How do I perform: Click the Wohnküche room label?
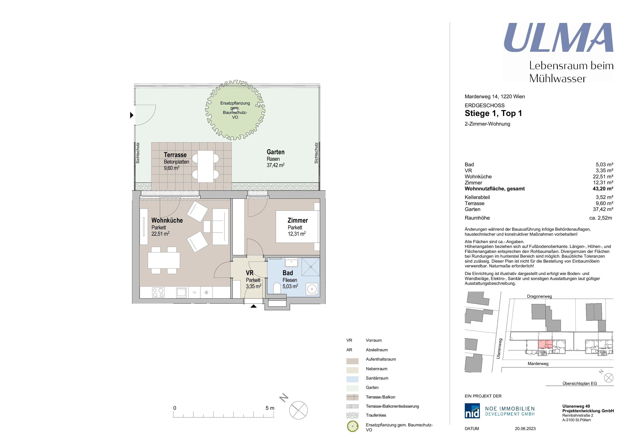tap(167, 221)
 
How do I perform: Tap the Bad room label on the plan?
tap(288, 273)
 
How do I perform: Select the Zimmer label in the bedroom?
tap(298, 221)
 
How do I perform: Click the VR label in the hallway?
tap(250, 273)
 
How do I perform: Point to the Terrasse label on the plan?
tap(175, 155)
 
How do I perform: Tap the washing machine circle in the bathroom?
tap(312, 289)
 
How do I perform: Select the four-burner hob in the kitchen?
tap(158, 293)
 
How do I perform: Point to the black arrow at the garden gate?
tap(132, 115)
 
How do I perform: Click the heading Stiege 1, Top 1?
tap(493, 113)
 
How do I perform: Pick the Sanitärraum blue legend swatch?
tap(352, 379)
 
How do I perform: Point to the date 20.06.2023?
tap(525, 429)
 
